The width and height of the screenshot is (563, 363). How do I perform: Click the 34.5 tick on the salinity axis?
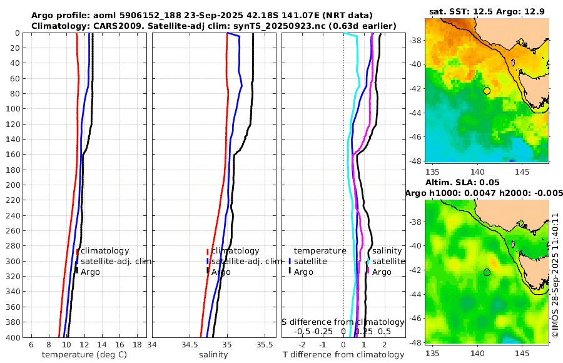[x=190, y=344]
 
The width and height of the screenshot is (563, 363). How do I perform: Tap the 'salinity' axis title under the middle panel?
[x=213, y=355]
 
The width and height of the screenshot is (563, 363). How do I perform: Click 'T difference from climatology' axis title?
[x=343, y=355]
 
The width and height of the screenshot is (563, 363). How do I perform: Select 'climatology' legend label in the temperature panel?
[x=105, y=251]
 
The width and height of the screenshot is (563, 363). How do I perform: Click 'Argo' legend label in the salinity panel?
[x=221, y=272]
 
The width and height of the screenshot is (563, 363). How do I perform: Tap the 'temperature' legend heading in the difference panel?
[x=320, y=251]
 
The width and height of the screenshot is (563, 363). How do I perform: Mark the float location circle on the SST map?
[x=487, y=91]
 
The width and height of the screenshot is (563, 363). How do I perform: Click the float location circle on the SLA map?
[x=487, y=272]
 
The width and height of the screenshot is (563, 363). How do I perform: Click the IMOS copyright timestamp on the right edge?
[x=555, y=275]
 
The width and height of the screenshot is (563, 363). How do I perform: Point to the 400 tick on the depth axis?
[x=13, y=337]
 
